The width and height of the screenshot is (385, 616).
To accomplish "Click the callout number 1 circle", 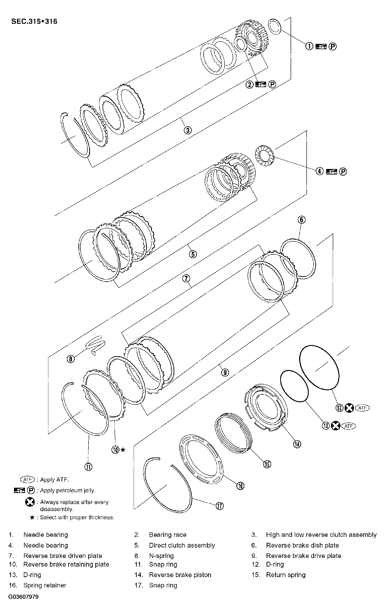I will (309, 46).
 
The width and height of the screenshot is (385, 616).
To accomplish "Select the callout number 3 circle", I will (188, 130).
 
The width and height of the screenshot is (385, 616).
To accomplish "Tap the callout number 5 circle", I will (193, 254).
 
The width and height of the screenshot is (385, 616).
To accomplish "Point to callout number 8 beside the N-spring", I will (71, 359).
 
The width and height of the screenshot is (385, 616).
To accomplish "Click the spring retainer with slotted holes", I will (201, 460).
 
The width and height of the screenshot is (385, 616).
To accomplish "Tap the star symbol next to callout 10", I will (123, 450).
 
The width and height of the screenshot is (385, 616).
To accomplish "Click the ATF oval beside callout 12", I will (362, 408).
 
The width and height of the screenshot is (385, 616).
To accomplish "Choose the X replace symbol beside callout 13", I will (336, 426).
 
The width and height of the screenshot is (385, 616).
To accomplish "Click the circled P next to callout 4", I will (343, 172).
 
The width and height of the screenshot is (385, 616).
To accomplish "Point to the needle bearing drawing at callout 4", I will (265, 156).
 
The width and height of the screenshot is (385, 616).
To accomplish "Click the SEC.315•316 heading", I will (34, 21).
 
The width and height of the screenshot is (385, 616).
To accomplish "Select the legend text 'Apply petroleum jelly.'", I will (68, 490).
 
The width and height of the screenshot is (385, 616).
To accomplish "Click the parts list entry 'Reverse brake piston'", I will (180, 575).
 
